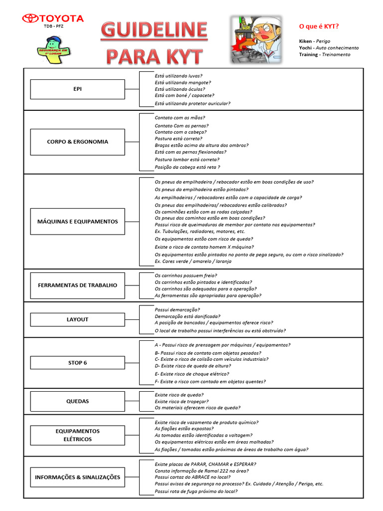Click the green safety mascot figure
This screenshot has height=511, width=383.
click(53, 50)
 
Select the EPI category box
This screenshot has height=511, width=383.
click(77, 89)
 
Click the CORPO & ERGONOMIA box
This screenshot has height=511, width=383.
click(77, 142)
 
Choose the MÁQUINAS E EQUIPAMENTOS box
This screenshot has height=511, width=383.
click(77, 222)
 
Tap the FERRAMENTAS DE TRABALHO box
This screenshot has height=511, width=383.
click(77, 285)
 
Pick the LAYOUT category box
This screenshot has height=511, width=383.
click(77, 319)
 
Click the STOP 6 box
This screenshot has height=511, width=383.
click(77, 363)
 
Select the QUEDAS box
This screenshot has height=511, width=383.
click(77, 401)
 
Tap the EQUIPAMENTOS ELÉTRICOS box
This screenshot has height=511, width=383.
click(77, 435)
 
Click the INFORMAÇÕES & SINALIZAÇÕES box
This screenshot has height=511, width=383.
click(77, 478)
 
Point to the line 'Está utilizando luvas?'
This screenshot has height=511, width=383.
click(178, 76)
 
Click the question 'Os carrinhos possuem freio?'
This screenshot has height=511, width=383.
click(186, 275)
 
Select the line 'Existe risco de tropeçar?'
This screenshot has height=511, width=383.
click(182, 401)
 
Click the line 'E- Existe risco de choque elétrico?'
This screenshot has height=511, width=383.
click(191, 374)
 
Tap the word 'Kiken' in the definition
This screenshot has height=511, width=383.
click(306, 41)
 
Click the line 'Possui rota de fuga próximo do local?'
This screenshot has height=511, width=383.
click(195, 491)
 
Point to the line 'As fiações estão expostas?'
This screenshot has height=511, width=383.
click(184, 429)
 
